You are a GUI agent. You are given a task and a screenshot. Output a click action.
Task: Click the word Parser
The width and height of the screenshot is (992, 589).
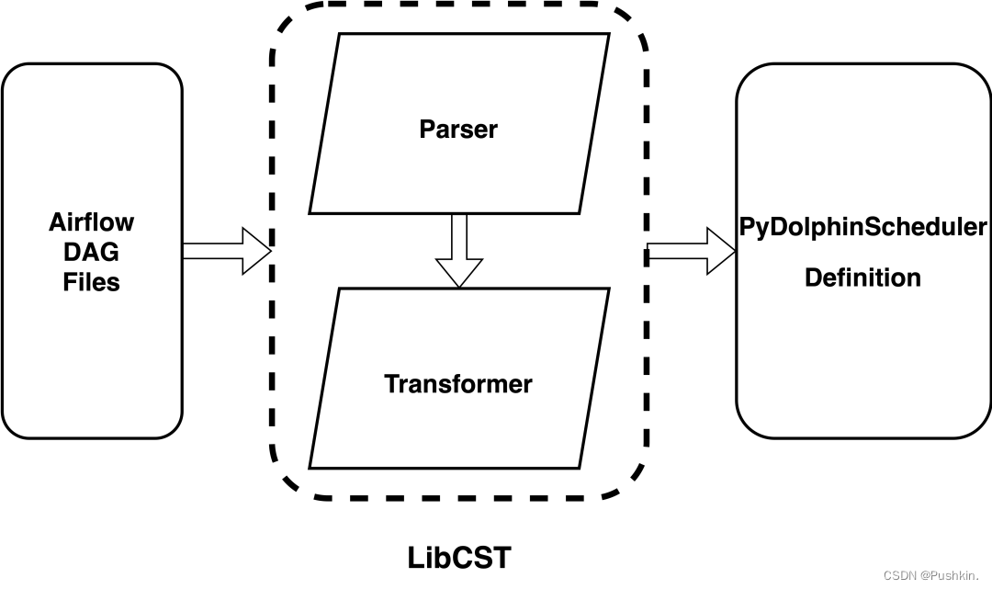tap(458, 130)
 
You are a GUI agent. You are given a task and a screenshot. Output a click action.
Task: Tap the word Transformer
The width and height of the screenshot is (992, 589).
tap(457, 383)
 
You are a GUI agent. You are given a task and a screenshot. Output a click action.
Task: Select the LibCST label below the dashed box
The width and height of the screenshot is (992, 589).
tap(458, 558)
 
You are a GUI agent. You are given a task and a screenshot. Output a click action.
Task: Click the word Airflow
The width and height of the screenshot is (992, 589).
tap(91, 222)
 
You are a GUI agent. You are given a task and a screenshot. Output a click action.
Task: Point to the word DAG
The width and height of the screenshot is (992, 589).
tap(91, 252)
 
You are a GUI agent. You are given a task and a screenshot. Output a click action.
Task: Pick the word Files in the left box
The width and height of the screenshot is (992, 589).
tap(91, 281)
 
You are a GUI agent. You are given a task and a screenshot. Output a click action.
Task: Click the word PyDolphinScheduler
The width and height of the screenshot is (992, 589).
tap(862, 227)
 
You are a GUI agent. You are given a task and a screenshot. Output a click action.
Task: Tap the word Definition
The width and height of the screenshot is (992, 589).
tap(862, 278)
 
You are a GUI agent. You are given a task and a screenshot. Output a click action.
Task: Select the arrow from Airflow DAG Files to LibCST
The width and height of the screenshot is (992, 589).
tap(226, 251)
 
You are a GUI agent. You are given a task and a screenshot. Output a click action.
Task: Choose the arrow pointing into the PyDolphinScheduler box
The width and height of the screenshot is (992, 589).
tap(691, 251)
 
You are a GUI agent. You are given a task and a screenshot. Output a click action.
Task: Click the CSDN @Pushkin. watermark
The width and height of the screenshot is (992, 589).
tap(932, 575)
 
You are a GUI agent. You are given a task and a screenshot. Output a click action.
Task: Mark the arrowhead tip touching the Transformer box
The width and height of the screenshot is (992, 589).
tap(458, 285)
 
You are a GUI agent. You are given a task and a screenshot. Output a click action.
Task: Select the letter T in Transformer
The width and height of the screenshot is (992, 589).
tap(390, 383)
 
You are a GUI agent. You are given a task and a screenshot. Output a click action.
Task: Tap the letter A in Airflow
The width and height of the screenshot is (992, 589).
tap(56, 222)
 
